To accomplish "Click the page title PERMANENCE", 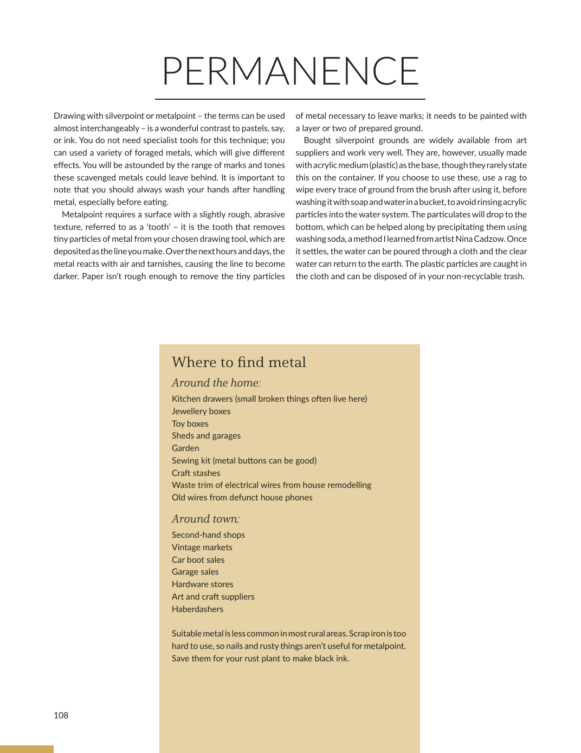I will pyautogui.click(x=290, y=71).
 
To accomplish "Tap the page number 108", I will pyautogui.click(x=61, y=716).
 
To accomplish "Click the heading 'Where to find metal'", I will pyautogui.click(x=238, y=362).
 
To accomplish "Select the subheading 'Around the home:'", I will pyautogui.click(x=216, y=383).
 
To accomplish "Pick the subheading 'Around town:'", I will pyautogui.click(x=205, y=519).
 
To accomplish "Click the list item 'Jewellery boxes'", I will pyautogui.click(x=201, y=411).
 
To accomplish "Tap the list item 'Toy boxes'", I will pyautogui.click(x=190, y=424).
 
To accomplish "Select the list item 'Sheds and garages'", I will pyautogui.click(x=206, y=436).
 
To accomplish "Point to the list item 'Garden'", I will pyautogui.click(x=185, y=448).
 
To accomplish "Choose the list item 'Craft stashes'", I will pyautogui.click(x=196, y=473).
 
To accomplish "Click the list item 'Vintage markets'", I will pyautogui.click(x=202, y=548).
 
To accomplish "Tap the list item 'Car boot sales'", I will pyautogui.click(x=198, y=560).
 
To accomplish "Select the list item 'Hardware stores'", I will pyautogui.click(x=202, y=584).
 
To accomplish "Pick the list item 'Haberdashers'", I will pyautogui.click(x=197, y=609).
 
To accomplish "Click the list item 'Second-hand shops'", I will pyautogui.click(x=208, y=535).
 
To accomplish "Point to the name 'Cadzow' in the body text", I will pyautogui.click(x=489, y=239).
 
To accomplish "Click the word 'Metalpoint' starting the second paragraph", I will pyautogui.click(x=82, y=215).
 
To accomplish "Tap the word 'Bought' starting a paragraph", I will pyautogui.click(x=317, y=140).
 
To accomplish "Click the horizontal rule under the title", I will pyautogui.click(x=290, y=99).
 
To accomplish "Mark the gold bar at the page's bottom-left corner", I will pyautogui.click(x=27, y=749).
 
